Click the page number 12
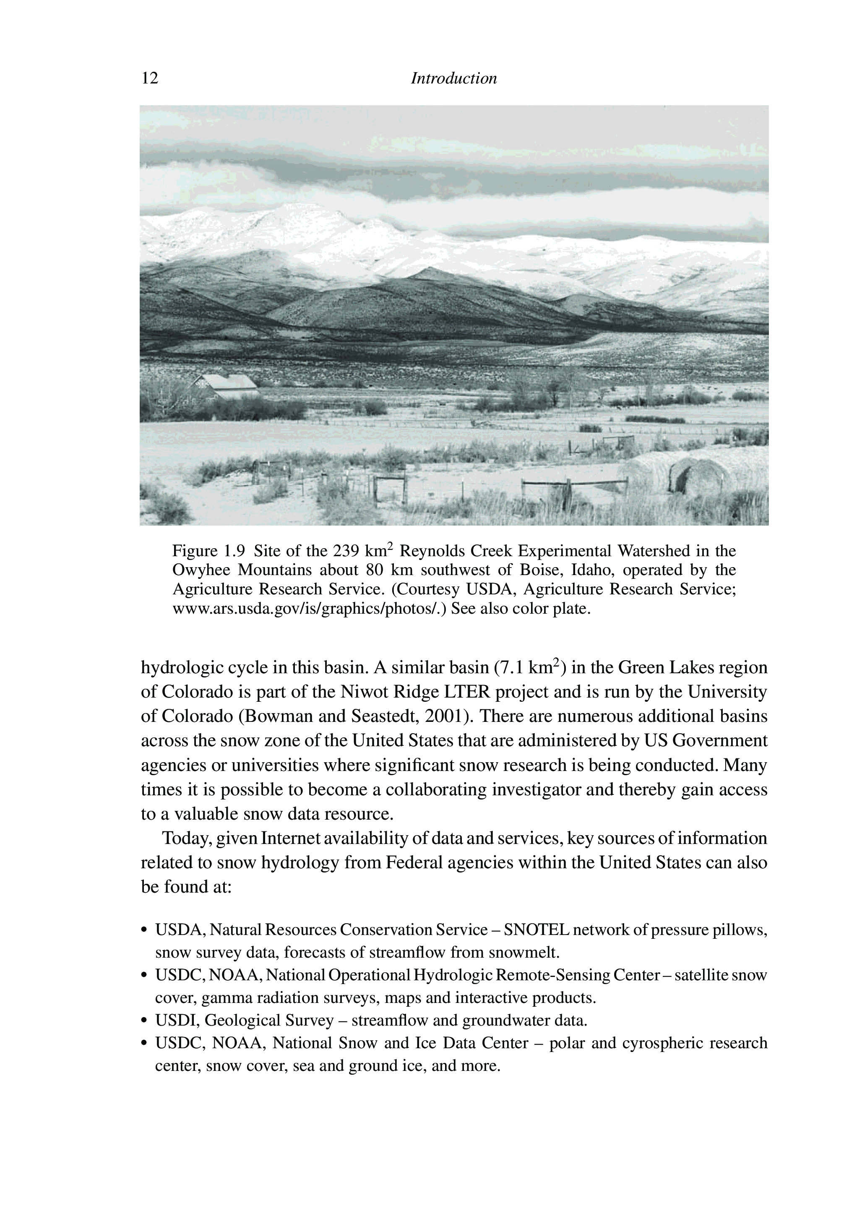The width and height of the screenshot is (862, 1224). (150, 79)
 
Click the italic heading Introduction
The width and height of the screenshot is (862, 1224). (454, 79)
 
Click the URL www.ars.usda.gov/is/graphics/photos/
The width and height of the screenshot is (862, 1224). (310, 608)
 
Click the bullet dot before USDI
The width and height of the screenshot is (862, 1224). (144, 1021)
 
